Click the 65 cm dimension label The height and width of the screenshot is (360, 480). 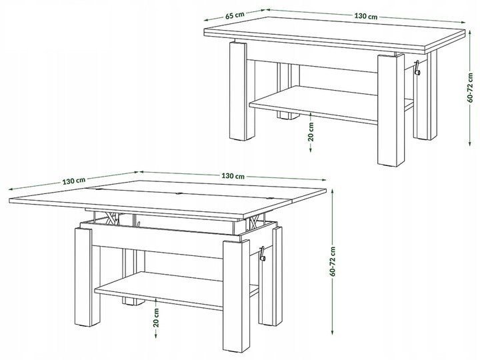(235, 15)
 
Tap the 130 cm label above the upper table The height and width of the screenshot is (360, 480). (366, 16)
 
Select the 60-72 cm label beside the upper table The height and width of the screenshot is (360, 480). (471, 88)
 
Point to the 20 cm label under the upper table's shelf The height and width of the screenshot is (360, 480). (311, 131)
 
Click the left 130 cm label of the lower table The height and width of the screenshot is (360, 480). (74, 181)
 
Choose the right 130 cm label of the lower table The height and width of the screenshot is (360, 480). (233, 176)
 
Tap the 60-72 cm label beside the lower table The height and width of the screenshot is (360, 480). (333, 262)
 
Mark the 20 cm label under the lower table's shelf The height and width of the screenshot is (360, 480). (157, 317)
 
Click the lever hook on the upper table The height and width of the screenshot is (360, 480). (417, 68)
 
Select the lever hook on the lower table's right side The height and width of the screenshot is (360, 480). (262, 254)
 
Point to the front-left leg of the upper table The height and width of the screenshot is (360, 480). (238, 91)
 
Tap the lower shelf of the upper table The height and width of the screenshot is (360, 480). (314, 105)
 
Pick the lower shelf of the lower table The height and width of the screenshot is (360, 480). (159, 291)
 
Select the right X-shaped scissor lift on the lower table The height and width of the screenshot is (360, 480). (255, 221)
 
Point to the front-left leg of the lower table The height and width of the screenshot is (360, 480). (83, 277)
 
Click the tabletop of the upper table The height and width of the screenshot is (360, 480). (335, 34)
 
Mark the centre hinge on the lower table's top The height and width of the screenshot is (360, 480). (179, 193)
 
